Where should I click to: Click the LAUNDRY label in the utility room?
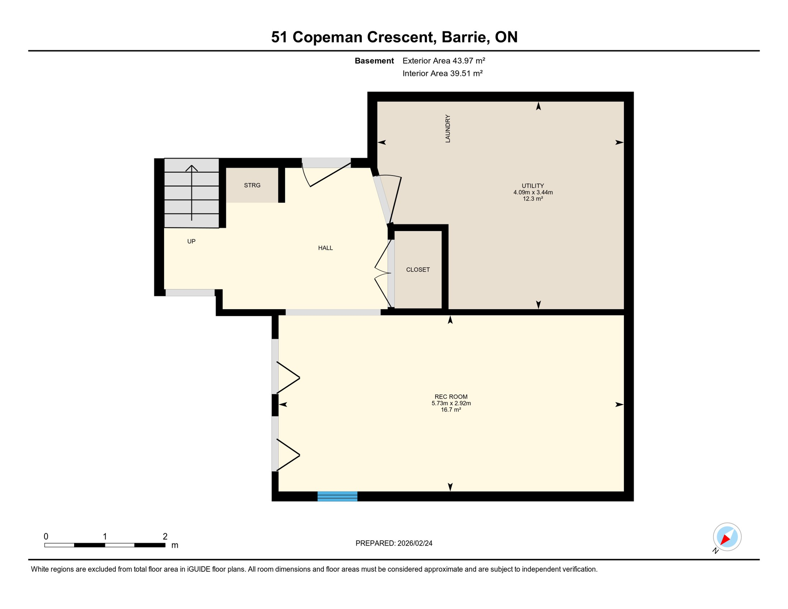[448, 128]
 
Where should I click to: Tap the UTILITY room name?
[533, 186]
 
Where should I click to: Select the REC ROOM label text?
[451, 396]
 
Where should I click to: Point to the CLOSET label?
[418, 270]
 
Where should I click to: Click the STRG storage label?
[252, 185]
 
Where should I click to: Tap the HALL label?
[325, 248]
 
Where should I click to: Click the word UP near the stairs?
[191, 241]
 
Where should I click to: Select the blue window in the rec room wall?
[337, 496]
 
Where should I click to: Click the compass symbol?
[727, 537]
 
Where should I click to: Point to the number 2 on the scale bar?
[165, 536]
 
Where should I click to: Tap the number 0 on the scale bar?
[46, 536]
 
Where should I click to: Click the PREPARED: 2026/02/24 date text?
[394, 543]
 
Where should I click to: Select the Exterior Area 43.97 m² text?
[444, 61]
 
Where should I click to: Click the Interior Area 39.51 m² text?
[442, 73]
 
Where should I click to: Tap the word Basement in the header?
[374, 61]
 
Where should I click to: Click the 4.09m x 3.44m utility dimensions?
[533, 192]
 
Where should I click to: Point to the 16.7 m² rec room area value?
[451, 410]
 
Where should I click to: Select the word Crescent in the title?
[401, 37]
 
